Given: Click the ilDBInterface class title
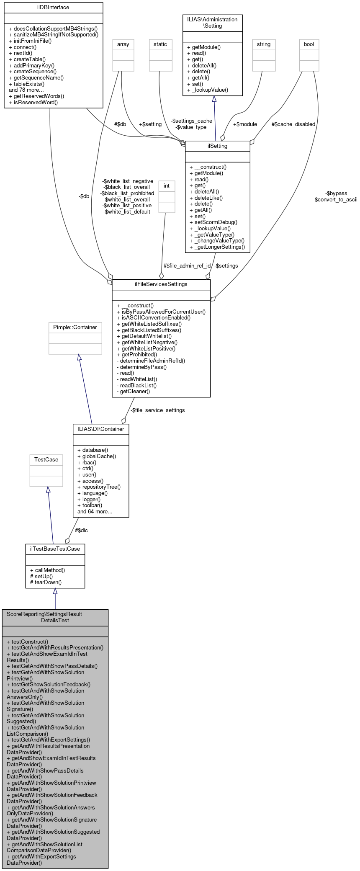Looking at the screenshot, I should click(53, 8).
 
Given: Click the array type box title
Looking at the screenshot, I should click(123, 44).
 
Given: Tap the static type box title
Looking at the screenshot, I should click(160, 44).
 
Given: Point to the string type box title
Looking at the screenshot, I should click(264, 44).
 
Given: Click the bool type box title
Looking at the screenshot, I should click(309, 44).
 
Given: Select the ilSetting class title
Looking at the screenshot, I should click(217, 146).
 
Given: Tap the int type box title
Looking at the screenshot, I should click(167, 186).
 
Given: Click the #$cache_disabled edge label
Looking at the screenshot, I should click(293, 124).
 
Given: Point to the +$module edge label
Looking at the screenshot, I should click(245, 124).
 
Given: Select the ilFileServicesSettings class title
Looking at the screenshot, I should click(161, 284).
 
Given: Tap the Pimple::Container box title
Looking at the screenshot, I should click(75, 327).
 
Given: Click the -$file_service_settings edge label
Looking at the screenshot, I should click(157, 410).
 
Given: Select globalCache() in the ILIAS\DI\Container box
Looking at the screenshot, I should click(99, 456).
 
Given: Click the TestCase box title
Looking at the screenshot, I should click(46, 460).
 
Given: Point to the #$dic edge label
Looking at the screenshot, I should click(81, 531).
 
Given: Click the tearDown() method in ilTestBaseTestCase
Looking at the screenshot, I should click(48, 582).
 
